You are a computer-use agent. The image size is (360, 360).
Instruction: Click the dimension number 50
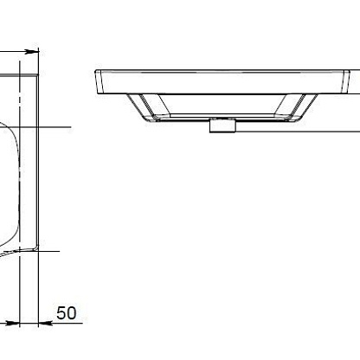pos(67,313)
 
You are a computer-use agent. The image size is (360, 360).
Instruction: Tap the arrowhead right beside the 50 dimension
pos(46,323)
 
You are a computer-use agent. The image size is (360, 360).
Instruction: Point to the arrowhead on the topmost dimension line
pos(31,52)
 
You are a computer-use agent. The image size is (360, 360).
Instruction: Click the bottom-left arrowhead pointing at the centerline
pos(12,323)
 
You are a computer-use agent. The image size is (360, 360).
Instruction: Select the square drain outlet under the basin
pos(222,125)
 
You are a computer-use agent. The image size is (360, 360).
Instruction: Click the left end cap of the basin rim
pos(99,81)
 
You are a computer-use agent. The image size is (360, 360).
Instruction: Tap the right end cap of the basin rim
pos(345,81)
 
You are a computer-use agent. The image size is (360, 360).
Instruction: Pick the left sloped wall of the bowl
pos(142,106)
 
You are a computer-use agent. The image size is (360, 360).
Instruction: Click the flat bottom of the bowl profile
pos(222,117)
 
